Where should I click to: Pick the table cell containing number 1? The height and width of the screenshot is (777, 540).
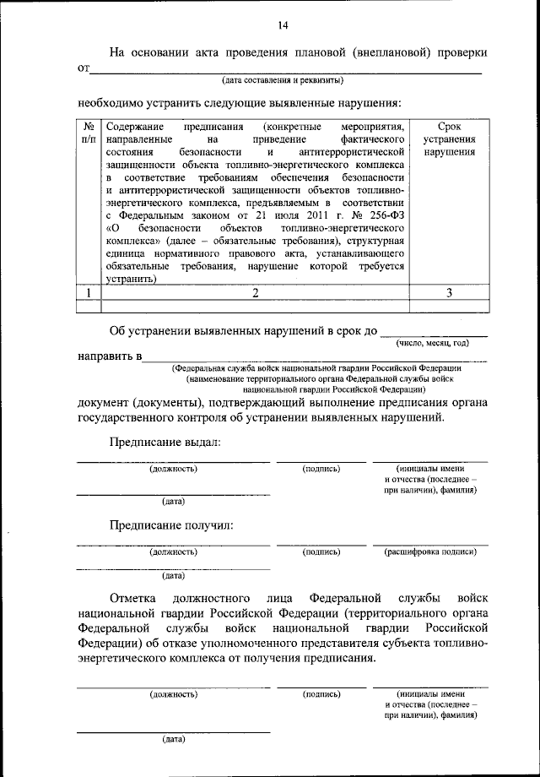tap(88, 292)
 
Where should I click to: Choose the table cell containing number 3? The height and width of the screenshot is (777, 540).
tap(449, 292)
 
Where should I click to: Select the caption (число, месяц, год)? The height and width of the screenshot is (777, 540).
tap(432, 343)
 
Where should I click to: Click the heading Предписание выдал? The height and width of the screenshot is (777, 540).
tap(164, 442)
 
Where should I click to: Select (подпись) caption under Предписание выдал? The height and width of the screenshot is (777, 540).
tap(321, 468)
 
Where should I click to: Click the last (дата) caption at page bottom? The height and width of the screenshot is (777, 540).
tap(173, 739)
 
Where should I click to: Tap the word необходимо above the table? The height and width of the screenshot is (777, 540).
tap(111, 104)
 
